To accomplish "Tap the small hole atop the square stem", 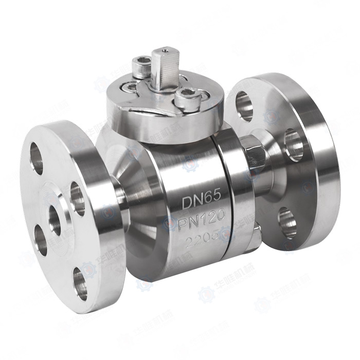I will [163, 51].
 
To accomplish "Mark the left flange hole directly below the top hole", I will [40, 240].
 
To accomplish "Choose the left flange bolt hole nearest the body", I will [77, 199].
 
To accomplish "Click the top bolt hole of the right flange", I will [245, 103].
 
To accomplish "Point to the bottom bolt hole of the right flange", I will [287, 221].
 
